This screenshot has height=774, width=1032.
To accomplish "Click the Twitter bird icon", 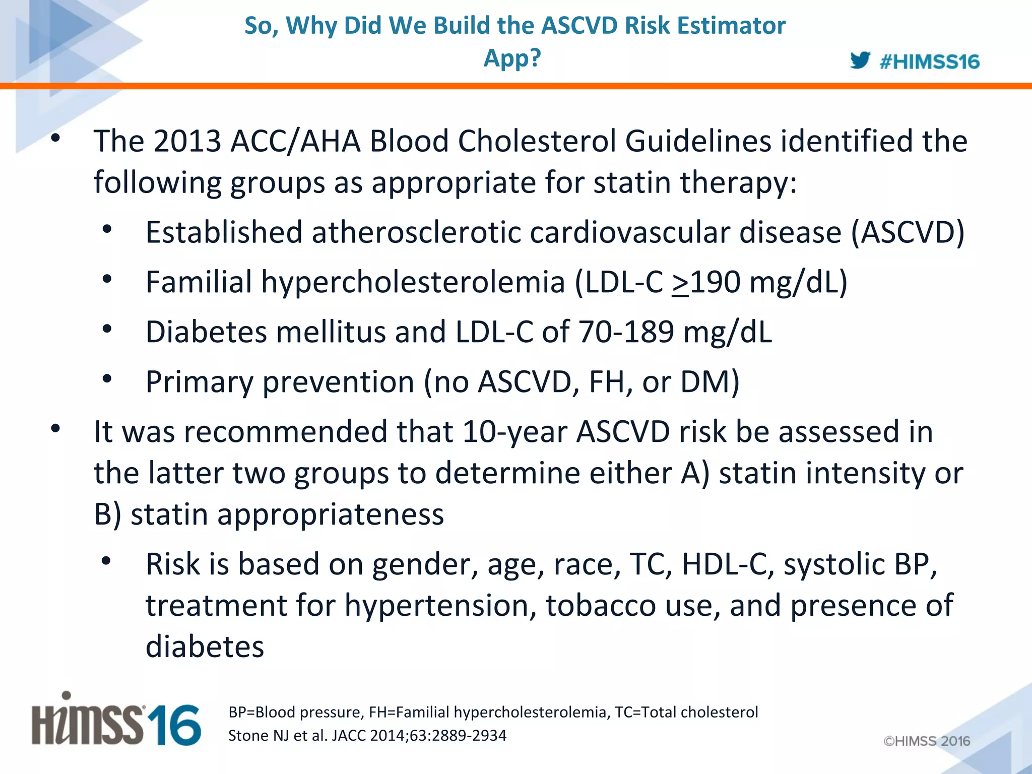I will (860, 60).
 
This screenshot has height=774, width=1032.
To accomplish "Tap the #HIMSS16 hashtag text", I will (929, 62).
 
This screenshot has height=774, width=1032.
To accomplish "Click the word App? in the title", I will (512, 58).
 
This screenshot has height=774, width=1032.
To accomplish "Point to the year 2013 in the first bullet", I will (187, 141).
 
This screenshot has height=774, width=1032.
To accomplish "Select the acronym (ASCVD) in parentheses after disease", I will (907, 233).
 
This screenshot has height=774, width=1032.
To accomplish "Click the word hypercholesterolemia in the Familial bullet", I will (413, 282).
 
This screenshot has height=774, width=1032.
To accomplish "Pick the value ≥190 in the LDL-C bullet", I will (705, 282).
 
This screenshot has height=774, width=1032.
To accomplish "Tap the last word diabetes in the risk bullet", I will (205, 647).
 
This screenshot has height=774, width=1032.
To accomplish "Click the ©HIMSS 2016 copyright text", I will (926, 741).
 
